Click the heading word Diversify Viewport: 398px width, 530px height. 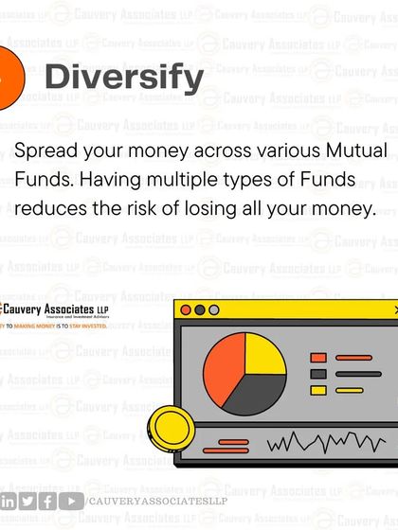click(x=124, y=78)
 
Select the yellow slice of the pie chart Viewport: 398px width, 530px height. click(x=264, y=355)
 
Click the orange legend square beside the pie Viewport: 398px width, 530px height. click(x=318, y=358)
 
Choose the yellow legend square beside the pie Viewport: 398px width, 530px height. click(x=318, y=389)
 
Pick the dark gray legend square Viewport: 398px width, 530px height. click(x=318, y=373)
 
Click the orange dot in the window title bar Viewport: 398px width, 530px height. click(x=186, y=309)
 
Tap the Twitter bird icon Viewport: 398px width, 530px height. click(x=27, y=502)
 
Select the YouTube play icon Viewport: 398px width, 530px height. click(x=69, y=502)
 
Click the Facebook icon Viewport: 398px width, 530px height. click(x=47, y=502)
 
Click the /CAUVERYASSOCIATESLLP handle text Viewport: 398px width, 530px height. click(x=157, y=502)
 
